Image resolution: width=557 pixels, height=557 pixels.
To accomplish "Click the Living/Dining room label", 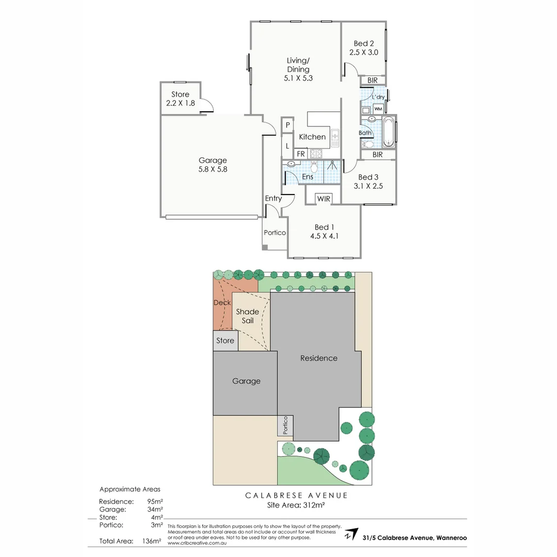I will pos(298,65).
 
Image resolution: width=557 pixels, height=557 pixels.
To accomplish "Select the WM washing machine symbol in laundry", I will pos(378,109).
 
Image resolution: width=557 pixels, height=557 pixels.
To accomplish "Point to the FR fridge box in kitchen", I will pos(301,154).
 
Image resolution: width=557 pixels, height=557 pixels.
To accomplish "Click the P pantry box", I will pos(288,125).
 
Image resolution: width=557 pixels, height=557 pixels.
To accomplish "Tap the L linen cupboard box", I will pos(288,146).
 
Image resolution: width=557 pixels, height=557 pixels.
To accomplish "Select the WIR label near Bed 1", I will pos(323,199).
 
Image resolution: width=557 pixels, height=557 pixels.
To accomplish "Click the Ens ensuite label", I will pos(308,177).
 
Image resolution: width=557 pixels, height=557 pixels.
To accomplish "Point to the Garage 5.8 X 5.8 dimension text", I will pos(213,169).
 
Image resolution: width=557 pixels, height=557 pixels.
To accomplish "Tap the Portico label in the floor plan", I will pos(275,233).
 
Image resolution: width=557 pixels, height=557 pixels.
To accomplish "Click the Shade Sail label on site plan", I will pos(248,316).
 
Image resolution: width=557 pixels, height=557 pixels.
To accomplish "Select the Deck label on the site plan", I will pos(222,303).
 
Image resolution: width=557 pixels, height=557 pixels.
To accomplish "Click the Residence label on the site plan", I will pos(319,358).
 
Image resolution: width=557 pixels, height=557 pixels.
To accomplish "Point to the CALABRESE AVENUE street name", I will pos(297,495).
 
